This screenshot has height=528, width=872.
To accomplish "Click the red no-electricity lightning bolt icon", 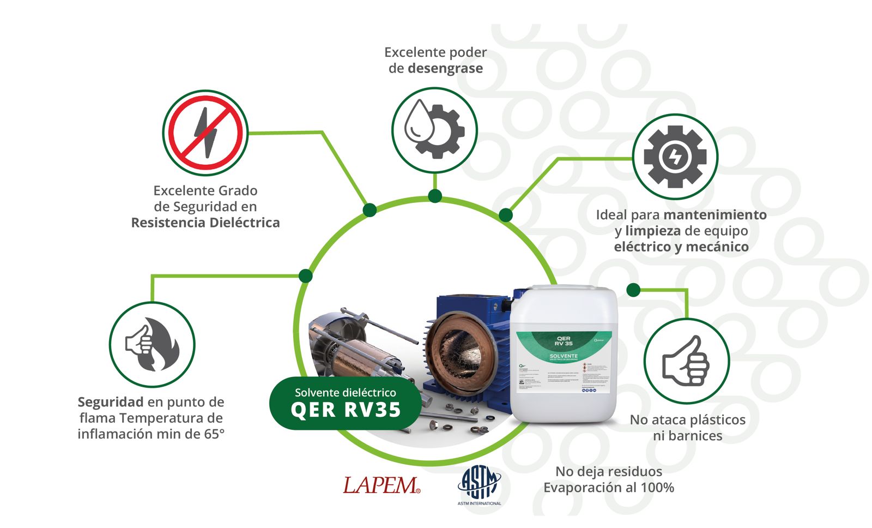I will [x=205, y=133].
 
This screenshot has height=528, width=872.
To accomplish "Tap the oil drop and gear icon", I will [x=434, y=130].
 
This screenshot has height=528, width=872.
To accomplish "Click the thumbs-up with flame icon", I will [x=152, y=345].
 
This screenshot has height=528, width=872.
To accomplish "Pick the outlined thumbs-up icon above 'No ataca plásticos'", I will [x=686, y=361].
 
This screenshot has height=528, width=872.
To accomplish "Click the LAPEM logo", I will [x=381, y=485].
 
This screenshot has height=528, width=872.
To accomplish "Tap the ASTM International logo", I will [x=479, y=485].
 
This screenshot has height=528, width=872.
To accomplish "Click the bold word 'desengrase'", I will [x=445, y=68].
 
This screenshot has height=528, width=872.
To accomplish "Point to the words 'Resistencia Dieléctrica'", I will [x=205, y=223].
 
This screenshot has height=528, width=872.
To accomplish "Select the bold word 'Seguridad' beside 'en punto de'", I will [x=111, y=402].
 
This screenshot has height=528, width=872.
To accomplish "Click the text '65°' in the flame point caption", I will [x=214, y=434].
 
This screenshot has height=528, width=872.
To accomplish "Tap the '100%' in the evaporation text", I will [x=657, y=487].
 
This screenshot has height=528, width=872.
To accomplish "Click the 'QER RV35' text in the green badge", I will [x=346, y=410].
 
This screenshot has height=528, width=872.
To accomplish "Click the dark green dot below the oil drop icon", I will [x=435, y=196].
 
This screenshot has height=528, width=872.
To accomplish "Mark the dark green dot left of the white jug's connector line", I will [x=633, y=290].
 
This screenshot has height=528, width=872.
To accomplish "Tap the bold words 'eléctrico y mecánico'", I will [x=681, y=247].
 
